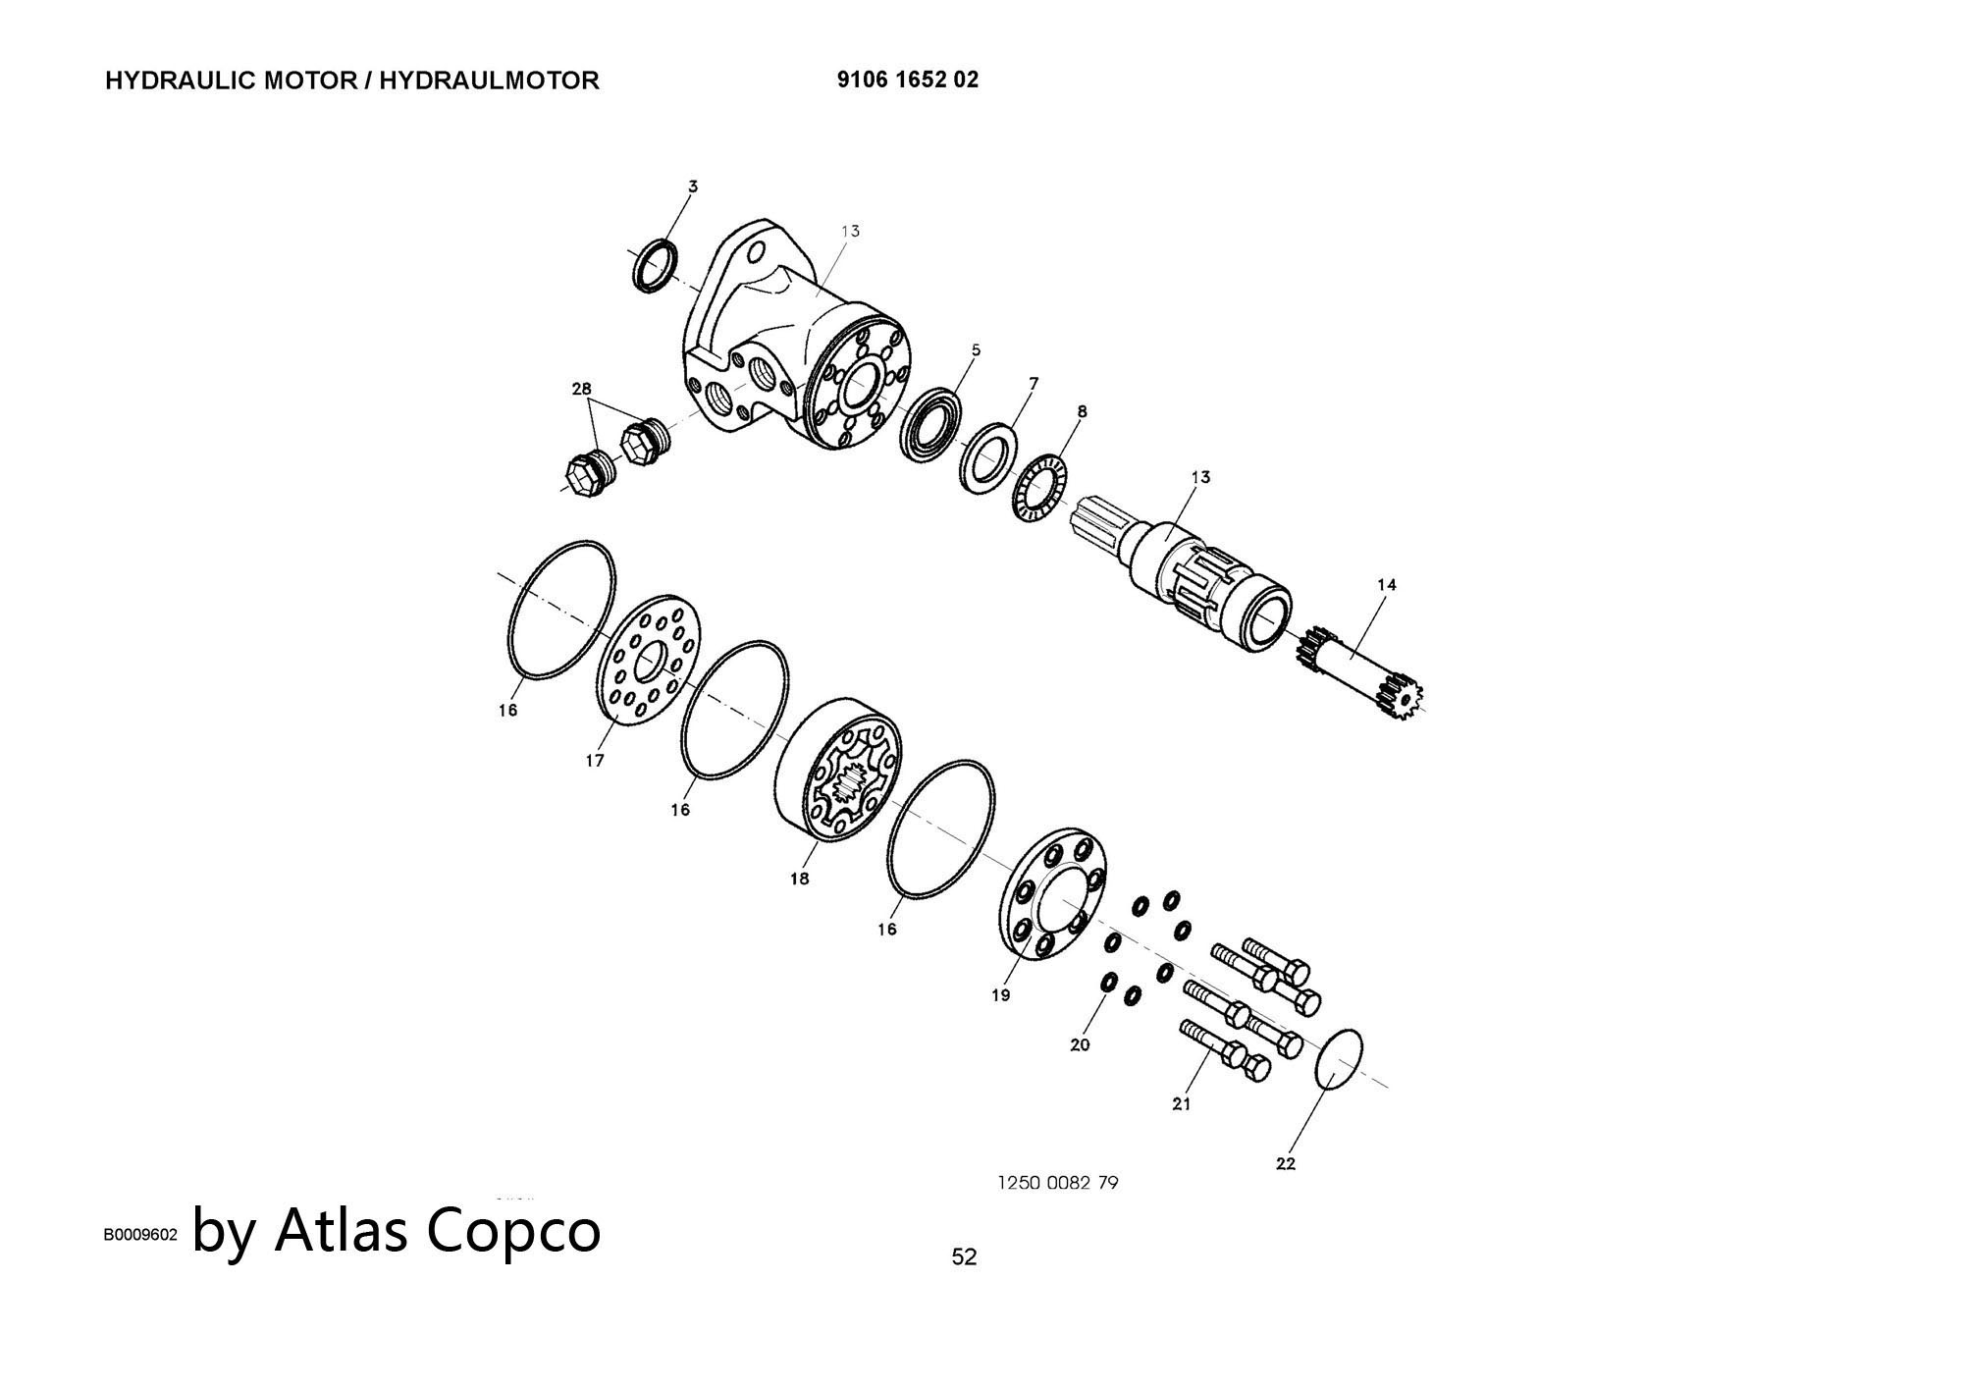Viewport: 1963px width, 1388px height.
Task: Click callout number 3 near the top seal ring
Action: pos(692,186)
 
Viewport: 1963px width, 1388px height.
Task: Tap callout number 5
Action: pos(976,349)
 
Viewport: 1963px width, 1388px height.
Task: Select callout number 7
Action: pos(1034,383)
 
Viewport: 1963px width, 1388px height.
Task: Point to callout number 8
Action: pos(1082,412)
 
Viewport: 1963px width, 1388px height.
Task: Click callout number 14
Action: pos(1386,585)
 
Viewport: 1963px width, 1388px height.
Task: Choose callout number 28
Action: pos(581,389)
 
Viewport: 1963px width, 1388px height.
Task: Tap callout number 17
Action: pos(595,760)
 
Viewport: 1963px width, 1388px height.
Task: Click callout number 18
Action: pos(799,879)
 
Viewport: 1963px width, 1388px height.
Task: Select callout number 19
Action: pos(1000,995)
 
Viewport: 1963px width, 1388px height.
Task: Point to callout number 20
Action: pos(1080,1045)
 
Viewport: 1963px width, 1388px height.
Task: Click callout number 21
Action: pos(1182,1104)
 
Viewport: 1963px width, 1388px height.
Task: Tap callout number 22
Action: pos(1286,1164)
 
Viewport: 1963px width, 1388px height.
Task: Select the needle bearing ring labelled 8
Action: pos(1040,488)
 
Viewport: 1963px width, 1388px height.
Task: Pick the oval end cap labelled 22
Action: pos(1340,1060)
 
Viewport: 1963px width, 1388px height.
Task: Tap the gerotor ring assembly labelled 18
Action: pos(839,770)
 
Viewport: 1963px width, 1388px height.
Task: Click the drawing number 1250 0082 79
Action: pos(1057,1183)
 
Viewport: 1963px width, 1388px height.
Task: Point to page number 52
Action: pos(964,1256)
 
